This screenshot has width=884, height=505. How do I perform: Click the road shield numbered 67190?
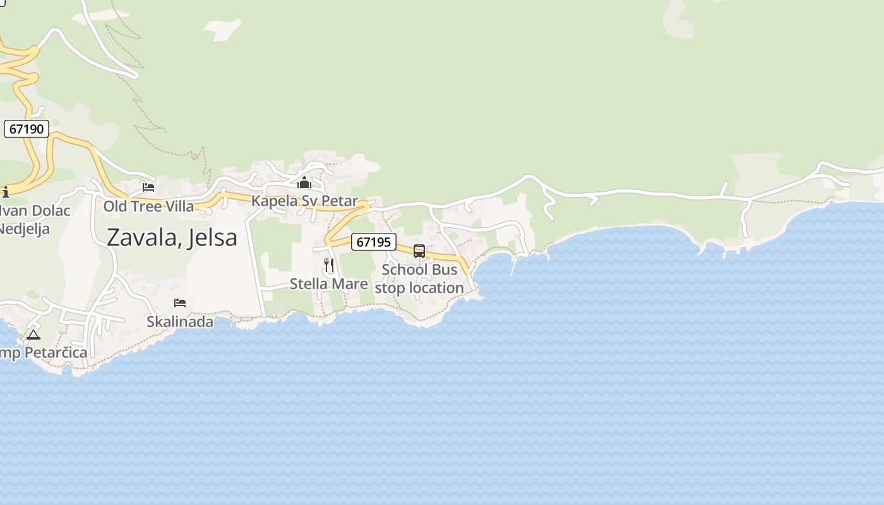point(27,129)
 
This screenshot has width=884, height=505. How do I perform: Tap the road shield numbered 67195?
point(374,242)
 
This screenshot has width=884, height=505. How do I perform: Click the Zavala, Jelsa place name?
point(172,237)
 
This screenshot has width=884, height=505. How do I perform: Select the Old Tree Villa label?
point(149,206)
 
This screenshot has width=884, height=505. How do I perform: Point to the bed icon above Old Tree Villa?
point(148,187)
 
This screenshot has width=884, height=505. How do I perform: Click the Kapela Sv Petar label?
point(304,201)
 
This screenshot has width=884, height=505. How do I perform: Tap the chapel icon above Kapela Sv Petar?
point(304,183)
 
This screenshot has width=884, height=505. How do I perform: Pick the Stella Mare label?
point(329,284)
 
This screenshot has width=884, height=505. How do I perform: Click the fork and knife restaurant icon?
point(329,265)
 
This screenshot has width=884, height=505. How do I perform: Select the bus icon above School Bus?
point(419,251)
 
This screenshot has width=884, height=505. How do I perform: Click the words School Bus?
point(419,270)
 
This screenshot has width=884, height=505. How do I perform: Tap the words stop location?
point(419,288)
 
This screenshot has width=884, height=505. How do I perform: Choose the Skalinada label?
point(180,322)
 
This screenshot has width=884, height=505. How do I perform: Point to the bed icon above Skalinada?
point(180,303)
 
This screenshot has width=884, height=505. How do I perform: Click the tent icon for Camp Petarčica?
point(33,335)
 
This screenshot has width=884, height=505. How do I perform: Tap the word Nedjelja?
point(24,229)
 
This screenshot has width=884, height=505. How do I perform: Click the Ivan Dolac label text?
point(35,211)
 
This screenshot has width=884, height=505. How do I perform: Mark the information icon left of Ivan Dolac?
point(6,192)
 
